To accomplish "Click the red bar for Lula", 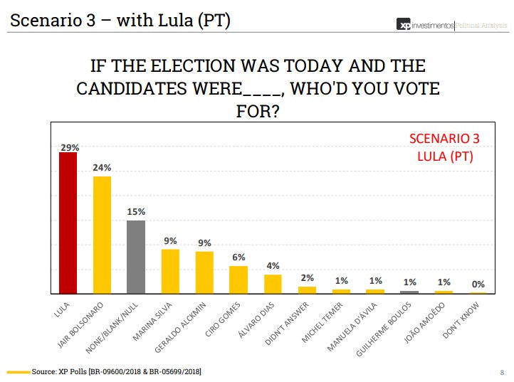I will [x=68, y=223].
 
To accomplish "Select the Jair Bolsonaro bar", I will [x=102, y=235].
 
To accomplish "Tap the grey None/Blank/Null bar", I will [x=136, y=257].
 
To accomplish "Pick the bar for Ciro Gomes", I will [x=238, y=280].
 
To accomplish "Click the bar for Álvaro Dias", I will [x=273, y=284].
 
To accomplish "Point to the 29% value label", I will [x=68, y=147].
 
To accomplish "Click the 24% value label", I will [x=102, y=168].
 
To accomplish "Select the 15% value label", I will [x=136, y=212].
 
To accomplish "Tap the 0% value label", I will [x=478, y=284].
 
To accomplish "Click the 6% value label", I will [x=238, y=258].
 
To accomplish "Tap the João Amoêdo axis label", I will [x=427, y=322].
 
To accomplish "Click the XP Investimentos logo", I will [x=425, y=26].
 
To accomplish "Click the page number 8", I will [x=502, y=372].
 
